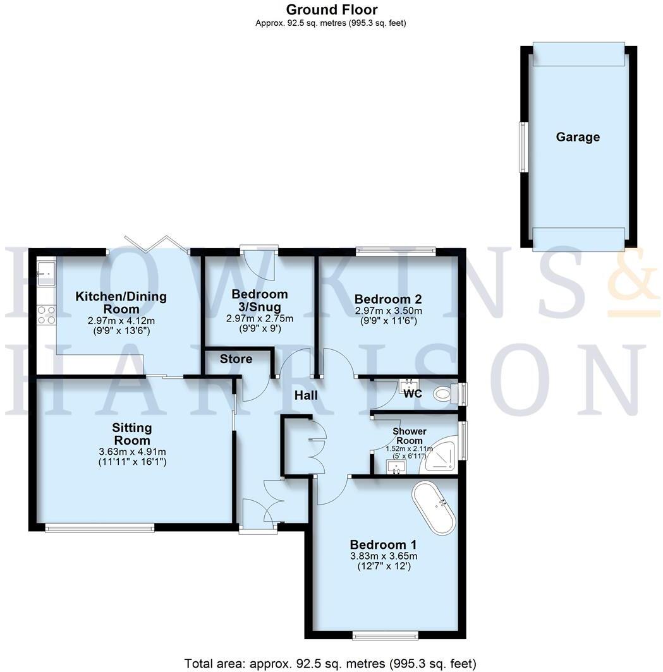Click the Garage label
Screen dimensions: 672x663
coord(578,137)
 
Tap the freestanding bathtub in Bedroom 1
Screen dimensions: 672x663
coord(434,509)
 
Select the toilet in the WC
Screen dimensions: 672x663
coord(446,395)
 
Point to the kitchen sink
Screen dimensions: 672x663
coord(46,273)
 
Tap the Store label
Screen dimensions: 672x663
coord(236,359)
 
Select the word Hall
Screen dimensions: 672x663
coord(306,396)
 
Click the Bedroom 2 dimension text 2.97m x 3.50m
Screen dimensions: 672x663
coord(388,311)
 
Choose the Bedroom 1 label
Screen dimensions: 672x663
coord(384,544)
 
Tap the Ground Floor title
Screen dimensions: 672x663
coord(331,9)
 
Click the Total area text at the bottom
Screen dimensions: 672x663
coord(330,663)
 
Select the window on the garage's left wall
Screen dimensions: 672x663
coord(523,147)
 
